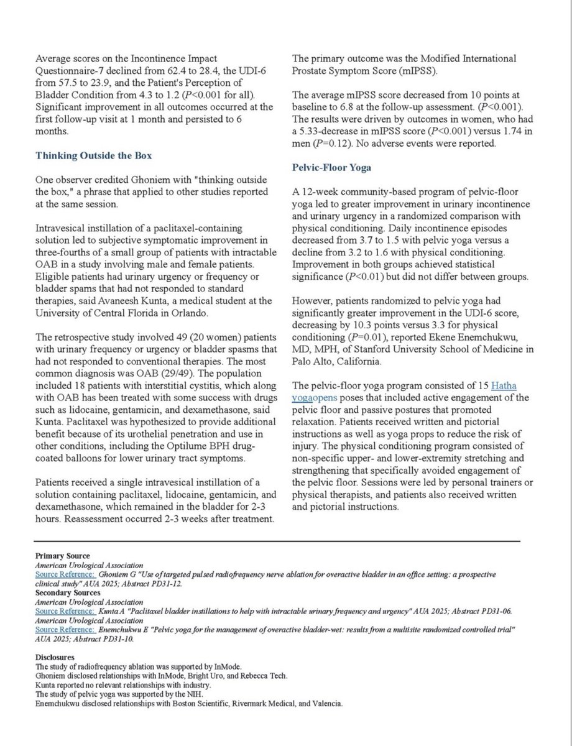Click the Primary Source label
62,555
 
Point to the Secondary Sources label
67,592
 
